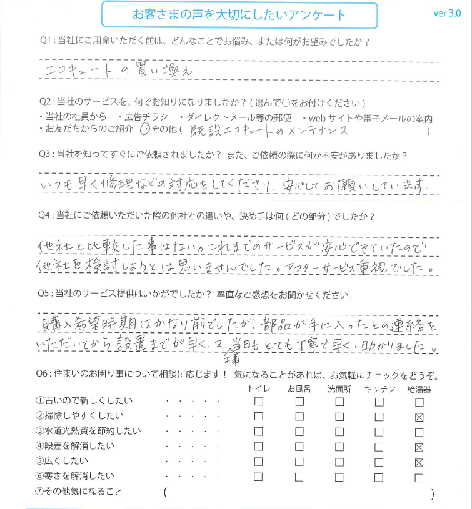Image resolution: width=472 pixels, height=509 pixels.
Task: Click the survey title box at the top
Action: [239, 15]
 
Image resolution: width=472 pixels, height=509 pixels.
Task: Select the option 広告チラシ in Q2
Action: [143, 118]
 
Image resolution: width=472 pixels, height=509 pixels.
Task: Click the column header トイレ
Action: [259, 389]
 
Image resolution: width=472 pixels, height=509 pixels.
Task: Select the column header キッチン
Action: [379, 389]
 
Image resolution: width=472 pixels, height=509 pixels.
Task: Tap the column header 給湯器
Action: [419, 389]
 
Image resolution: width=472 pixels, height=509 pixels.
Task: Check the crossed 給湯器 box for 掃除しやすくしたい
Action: [419, 417]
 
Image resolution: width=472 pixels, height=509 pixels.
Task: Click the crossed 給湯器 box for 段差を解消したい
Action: [419, 447]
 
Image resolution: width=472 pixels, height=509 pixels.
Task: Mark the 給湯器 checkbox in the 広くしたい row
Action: [419, 463]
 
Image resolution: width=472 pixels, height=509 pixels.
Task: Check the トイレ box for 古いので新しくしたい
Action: [259, 401]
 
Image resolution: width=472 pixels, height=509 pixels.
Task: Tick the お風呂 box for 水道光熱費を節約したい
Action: [299, 432]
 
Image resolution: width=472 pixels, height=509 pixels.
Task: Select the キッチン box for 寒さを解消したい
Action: [379, 478]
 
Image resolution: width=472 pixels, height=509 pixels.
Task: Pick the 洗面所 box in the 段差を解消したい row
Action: [339, 447]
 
